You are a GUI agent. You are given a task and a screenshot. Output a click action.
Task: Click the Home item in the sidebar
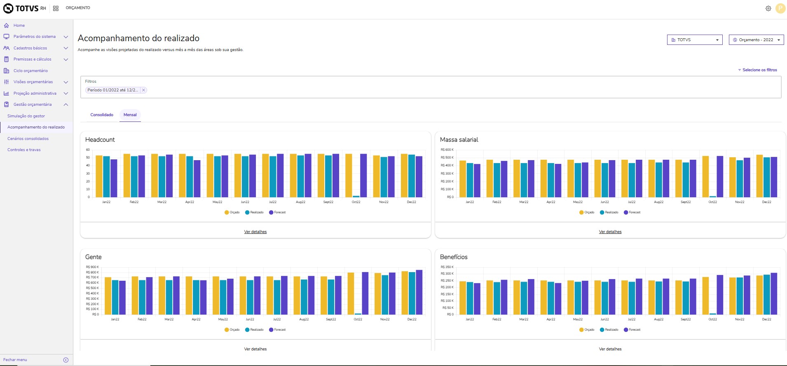tap(19, 26)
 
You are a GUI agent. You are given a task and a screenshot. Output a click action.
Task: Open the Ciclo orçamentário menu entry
tap(30, 71)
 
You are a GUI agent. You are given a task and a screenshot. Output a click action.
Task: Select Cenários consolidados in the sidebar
tap(28, 139)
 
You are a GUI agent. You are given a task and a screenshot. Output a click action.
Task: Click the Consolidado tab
tap(102, 115)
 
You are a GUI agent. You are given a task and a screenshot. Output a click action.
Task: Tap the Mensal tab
tap(130, 115)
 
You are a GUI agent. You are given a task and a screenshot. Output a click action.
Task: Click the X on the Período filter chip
tap(143, 90)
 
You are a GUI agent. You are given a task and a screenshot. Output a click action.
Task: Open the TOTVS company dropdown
tap(695, 40)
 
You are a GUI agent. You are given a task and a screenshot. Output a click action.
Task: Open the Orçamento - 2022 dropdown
tap(756, 40)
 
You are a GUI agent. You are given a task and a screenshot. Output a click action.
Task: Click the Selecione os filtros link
tap(759, 70)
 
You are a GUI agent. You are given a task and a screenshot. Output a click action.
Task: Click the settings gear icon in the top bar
tap(768, 8)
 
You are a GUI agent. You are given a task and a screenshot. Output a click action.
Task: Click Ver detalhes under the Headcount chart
tap(255, 232)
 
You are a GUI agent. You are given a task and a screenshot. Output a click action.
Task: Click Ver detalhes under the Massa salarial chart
tap(610, 232)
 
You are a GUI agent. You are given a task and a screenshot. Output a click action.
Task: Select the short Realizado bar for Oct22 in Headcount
tap(356, 196)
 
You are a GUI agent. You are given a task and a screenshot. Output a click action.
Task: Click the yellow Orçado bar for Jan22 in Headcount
tap(99, 176)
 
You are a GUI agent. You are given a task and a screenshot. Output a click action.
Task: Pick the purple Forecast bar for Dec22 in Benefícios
tap(774, 294)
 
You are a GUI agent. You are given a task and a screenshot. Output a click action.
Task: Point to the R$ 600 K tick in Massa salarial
tap(447, 150)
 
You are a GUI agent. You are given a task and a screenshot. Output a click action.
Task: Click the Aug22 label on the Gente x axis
tap(304, 319)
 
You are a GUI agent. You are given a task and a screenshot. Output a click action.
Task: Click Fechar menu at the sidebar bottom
tap(15, 360)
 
